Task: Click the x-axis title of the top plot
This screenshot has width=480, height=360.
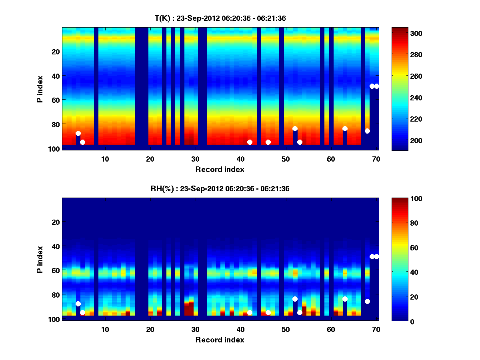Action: coord(220,169)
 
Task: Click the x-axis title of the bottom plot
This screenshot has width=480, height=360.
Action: coord(220,340)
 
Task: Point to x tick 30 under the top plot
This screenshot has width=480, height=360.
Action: coord(195,159)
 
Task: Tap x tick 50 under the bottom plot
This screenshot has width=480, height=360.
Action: coord(286,329)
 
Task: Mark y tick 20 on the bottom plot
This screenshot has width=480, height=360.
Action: coord(55,222)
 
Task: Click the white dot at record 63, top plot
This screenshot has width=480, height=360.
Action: coord(345,128)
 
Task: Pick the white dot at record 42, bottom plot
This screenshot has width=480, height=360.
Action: coord(250,312)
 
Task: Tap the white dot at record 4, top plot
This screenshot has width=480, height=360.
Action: coord(78,133)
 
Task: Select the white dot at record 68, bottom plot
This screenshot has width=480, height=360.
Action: coord(367,301)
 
